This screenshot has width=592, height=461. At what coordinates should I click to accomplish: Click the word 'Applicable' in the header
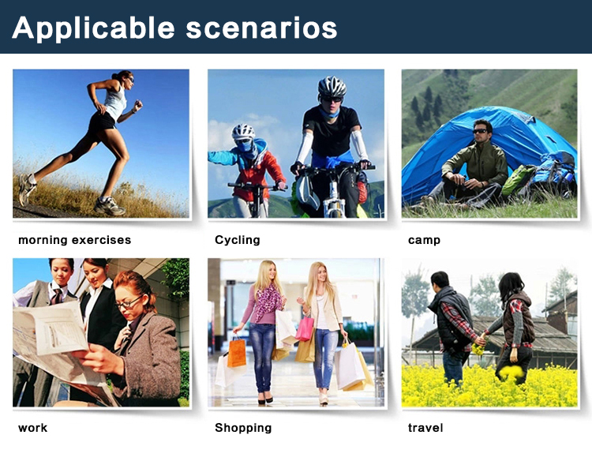click(x=93, y=28)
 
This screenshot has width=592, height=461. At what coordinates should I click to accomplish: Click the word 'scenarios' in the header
click(x=261, y=28)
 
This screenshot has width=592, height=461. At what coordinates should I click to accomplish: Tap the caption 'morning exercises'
click(x=75, y=240)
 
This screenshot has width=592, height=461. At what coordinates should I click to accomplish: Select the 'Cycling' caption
click(x=238, y=240)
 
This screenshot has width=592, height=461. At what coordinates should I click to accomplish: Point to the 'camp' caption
click(x=424, y=241)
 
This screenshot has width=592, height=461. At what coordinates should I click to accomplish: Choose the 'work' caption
click(x=33, y=428)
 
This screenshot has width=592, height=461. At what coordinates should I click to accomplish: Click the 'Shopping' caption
click(x=243, y=428)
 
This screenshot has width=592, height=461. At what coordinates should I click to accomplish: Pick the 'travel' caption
click(x=425, y=427)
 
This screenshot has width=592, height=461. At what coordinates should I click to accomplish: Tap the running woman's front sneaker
click(x=110, y=206)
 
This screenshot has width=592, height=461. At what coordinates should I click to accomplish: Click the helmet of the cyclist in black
click(x=332, y=87)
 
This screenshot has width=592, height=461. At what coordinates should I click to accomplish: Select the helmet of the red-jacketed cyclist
click(x=243, y=131)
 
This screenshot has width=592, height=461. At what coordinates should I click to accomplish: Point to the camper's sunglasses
click(x=480, y=131)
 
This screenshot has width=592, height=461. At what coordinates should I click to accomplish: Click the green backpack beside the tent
click(x=518, y=179)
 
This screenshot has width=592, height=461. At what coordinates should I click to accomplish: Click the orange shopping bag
click(x=236, y=353)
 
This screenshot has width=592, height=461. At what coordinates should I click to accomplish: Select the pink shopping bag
click(x=305, y=328)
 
